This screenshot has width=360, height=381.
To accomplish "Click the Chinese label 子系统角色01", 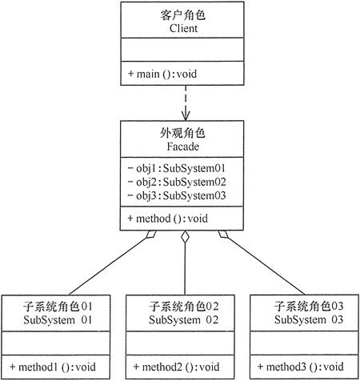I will pyautogui.click(x=61, y=306).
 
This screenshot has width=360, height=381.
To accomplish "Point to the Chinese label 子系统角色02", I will pyautogui.click(x=184, y=306).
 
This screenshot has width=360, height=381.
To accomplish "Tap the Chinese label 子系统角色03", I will pyautogui.click(x=307, y=306).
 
